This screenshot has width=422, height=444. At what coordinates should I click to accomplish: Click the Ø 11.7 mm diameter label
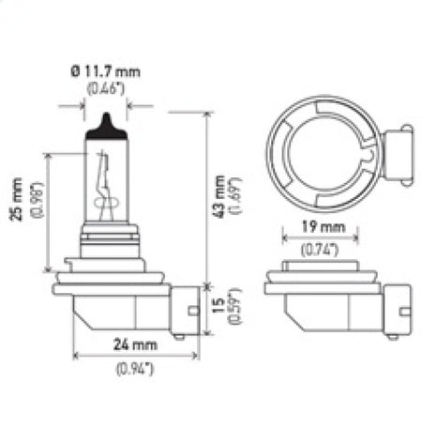103,74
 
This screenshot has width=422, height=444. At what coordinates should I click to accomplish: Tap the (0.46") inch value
103,91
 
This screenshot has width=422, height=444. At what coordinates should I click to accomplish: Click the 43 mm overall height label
219,195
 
